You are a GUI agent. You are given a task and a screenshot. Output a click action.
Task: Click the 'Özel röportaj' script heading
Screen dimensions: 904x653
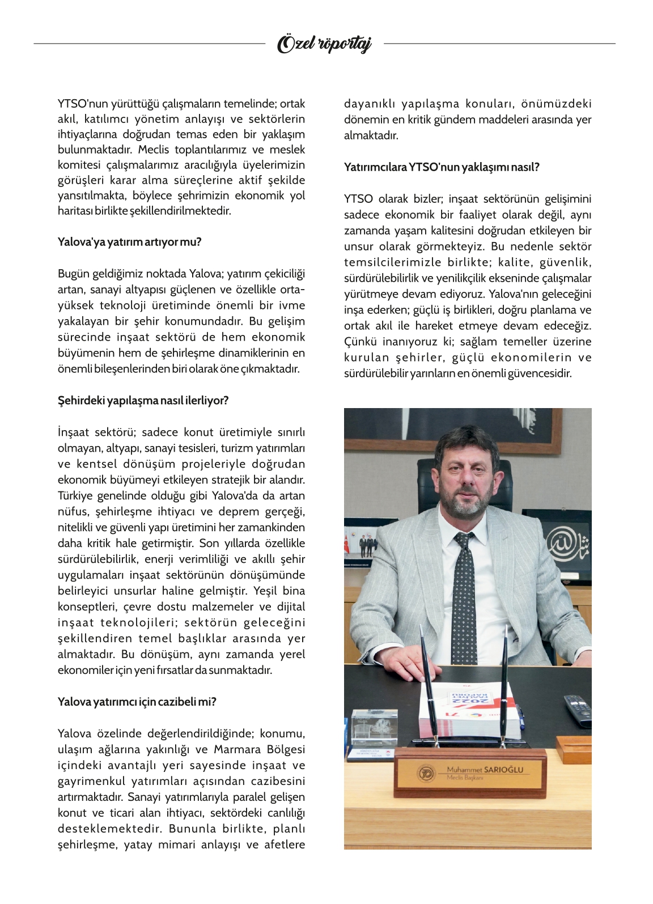(324, 44)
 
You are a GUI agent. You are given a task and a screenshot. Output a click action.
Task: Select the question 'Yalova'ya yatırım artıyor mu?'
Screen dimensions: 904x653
(129, 242)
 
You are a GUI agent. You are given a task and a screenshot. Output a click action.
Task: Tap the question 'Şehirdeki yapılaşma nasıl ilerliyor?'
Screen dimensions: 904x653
(143, 401)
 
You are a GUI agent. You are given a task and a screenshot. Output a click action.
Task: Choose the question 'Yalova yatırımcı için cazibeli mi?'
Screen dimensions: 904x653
(137, 702)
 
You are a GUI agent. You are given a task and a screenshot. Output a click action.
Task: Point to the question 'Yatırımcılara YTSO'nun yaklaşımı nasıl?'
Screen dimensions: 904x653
(442, 167)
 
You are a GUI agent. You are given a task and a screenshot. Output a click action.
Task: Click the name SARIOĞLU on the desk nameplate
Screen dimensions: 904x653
(503, 769)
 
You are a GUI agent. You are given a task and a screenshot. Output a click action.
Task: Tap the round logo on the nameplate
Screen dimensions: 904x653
(426, 773)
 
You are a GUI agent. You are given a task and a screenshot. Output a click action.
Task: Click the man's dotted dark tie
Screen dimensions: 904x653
(464, 595)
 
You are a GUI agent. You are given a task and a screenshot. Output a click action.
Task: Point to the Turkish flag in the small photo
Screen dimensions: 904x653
(347, 545)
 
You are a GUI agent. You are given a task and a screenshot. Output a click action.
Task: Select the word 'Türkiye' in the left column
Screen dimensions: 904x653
(76, 496)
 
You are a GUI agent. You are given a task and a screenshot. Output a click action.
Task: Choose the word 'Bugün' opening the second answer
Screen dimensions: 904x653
(73, 274)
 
